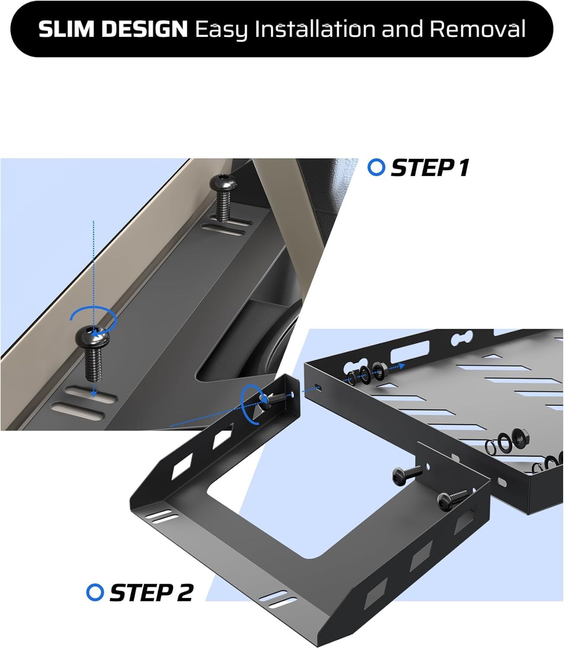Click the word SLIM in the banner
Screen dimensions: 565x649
[x=66, y=29]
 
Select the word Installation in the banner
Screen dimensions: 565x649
[x=314, y=29]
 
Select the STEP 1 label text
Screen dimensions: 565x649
[x=430, y=167]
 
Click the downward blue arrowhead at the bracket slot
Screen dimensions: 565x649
[x=93, y=394]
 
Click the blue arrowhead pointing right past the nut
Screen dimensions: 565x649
[x=402, y=366]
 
